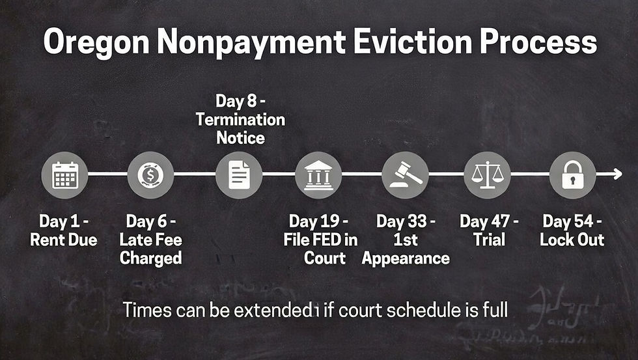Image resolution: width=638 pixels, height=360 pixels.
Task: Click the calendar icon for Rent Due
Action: point(65,174)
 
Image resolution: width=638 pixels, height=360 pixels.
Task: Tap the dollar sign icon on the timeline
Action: point(150,174)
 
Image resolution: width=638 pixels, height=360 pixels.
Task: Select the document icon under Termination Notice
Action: point(239,174)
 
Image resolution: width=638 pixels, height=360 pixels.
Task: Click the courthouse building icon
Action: point(318,174)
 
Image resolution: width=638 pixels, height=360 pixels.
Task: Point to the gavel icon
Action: point(406,174)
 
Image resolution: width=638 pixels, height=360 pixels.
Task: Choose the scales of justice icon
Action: point(487,174)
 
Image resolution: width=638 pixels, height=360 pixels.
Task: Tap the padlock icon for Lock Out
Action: point(572,174)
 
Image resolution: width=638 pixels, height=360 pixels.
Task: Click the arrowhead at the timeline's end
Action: point(618,174)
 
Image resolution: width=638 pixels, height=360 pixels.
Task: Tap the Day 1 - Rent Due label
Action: point(64,230)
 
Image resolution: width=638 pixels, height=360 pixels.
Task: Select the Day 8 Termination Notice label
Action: point(241,119)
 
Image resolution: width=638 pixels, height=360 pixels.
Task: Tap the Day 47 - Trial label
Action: point(490,230)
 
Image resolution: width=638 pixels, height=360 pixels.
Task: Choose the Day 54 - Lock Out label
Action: point(572,230)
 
